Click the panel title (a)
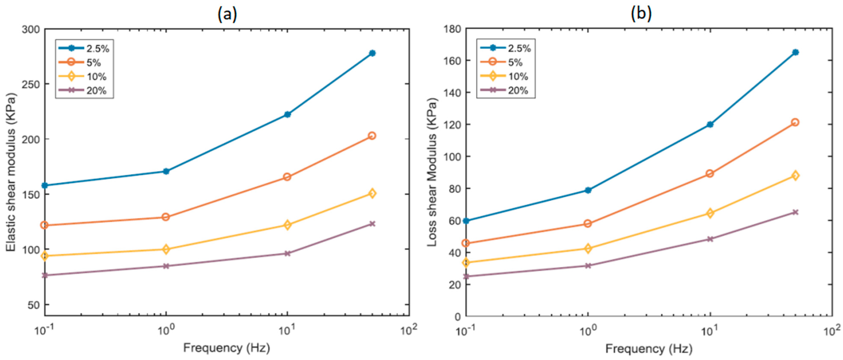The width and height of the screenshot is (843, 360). (x=227, y=14)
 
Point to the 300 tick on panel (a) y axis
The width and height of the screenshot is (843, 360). (x=30, y=29)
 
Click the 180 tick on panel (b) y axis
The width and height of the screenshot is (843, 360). (x=452, y=29)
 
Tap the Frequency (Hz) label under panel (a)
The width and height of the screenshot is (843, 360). (x=226, y=348)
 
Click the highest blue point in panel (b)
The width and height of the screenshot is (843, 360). (x=796, y=52)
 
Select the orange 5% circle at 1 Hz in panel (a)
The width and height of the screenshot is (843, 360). (x=166, y=217)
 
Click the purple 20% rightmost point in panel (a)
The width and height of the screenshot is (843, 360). (x=372, y=224)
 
